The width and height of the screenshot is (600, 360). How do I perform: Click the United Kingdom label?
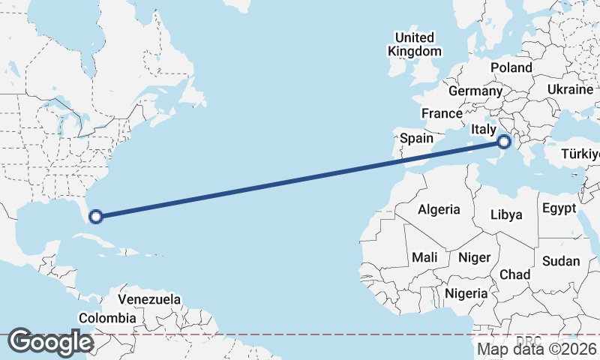pyautogui.click(x=414, y=44)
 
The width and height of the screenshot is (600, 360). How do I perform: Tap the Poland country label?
pyautogui.click(x=511, y=67)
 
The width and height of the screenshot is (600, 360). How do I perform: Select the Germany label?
pyautogui.click(x=475, y=91)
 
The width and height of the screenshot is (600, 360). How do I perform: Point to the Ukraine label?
pyautogui.click(x=570, y=89)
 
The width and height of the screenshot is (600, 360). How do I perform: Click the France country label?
pyautogui.click(x=441, y=113)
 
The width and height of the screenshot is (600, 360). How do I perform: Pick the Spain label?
pyautogui.click(x=416, y=138)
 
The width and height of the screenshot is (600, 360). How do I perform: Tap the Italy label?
pyautogui.click(x=484, y=130)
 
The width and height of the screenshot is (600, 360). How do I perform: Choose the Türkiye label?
pyautogui.click(x=580, y=154)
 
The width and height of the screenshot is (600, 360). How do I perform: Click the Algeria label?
pyautogui.click(x=439, y=210)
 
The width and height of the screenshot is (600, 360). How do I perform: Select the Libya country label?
pyautogui.click(x=505, y=214)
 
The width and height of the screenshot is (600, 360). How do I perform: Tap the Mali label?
pyautogui.click(x=424, y=257)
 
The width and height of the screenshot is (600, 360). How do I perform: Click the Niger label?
pyautogui.click(x=474, y=257)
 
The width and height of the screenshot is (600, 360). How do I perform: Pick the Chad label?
pyautogui.click(x=515, y=274)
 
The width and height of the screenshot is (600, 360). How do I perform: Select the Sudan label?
pyautogui.click(x=561, y=261)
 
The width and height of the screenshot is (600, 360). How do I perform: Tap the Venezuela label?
pyautogui.click(x=149, y=299)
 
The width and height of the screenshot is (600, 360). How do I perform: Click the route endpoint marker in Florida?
pyautogui.click(x=95, y=217)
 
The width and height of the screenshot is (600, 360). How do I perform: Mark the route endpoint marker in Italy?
pyautogui.click(x=504, y=141)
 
